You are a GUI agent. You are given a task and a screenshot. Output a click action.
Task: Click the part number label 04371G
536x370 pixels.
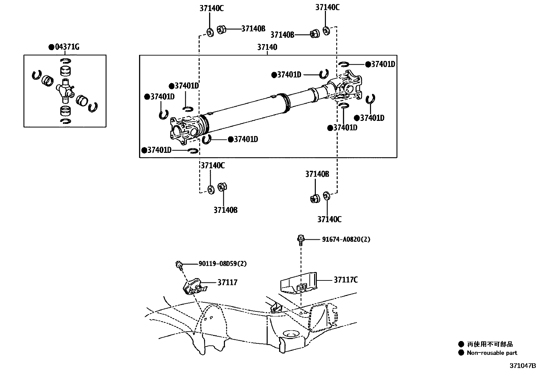(67, 47)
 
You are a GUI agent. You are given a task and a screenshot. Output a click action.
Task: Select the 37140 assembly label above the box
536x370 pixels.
(267, 47)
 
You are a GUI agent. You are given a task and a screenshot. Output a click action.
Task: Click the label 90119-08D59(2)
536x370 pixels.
(223, 264)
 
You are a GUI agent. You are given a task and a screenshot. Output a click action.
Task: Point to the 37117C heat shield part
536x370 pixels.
(298, 283)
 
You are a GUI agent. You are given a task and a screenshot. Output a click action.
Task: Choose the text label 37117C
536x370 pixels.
(346, 280)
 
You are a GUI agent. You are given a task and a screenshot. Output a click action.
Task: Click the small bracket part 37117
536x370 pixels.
(194, 287)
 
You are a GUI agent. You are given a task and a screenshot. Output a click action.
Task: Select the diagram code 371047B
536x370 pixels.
(522, 366)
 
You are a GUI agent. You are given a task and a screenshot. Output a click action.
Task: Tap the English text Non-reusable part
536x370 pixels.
(492, 353)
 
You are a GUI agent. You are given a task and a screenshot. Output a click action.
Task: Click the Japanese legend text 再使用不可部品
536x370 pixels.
(490, 344)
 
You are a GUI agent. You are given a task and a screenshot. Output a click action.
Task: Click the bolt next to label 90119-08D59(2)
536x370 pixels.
(179, 266)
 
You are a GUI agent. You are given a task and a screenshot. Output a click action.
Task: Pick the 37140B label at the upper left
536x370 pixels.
(254, 29)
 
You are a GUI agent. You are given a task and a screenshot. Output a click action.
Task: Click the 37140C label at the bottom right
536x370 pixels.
(329, 219)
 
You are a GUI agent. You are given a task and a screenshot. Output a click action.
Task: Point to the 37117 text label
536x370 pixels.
(227, 282)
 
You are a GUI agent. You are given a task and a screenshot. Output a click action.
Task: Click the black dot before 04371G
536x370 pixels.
(52, 47)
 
